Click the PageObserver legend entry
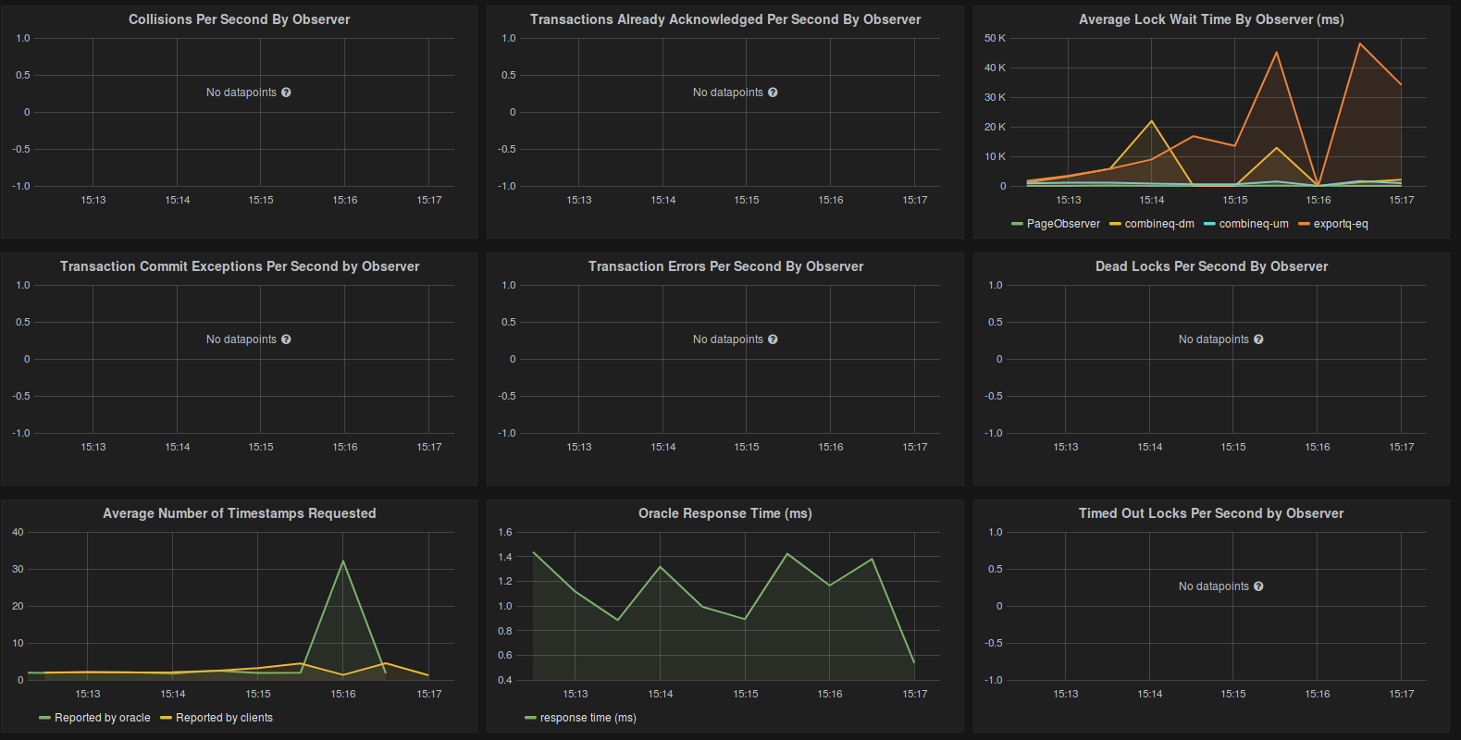tap(1062, 224)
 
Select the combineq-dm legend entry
tap(1158, 224)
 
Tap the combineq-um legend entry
tap(1253, 224)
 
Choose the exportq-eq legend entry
tap(1340, 224)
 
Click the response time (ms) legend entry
tap(588, 718)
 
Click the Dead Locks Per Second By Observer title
tap(1211, 266)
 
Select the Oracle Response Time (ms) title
tap(724, 513)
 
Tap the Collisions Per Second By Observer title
tap(239, 19)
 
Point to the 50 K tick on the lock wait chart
tap(995, 38)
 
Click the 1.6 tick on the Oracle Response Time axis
tap(505, 532)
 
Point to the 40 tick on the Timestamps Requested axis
tap(18, 532)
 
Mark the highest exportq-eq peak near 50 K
tap(1360, 43)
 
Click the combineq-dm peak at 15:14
tap(1152, 121)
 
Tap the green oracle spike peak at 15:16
tap(343, 561)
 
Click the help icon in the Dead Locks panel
tap(1258, 339)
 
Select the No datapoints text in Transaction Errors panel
tap(727, 339)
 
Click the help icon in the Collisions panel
tap(286, 92)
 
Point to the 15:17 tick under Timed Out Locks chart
tap(1401, 694)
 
